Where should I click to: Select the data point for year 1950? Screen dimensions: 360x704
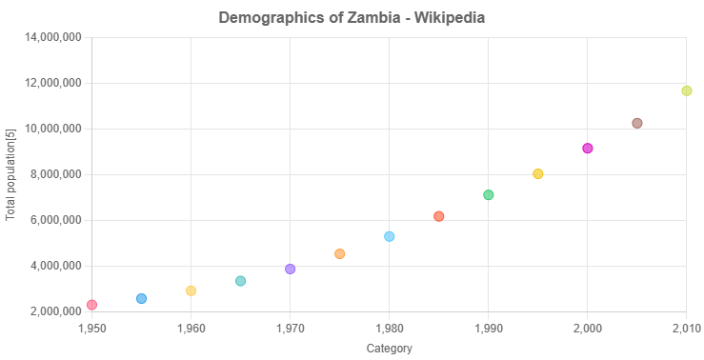point(91,305)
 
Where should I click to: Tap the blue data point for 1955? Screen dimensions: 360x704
point(142,298)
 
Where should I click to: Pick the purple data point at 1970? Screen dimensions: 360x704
point(291,269)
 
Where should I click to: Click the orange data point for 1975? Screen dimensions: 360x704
point(340,253)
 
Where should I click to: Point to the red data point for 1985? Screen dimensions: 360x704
point(439,216)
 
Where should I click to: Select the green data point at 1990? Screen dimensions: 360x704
point(489,194)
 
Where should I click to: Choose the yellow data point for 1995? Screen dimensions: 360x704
point(538,173)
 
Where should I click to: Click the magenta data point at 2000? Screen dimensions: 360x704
point(588,148)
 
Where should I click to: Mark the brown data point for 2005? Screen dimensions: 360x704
point(637,123)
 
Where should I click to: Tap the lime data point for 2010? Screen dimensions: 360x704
point(687,90)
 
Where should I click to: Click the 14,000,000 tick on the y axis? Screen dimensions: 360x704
point(56,37)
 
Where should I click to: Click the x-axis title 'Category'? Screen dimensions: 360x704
point(390,349)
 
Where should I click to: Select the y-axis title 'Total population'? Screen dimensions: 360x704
point(10,174)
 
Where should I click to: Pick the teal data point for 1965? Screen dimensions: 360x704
point(241,281)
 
